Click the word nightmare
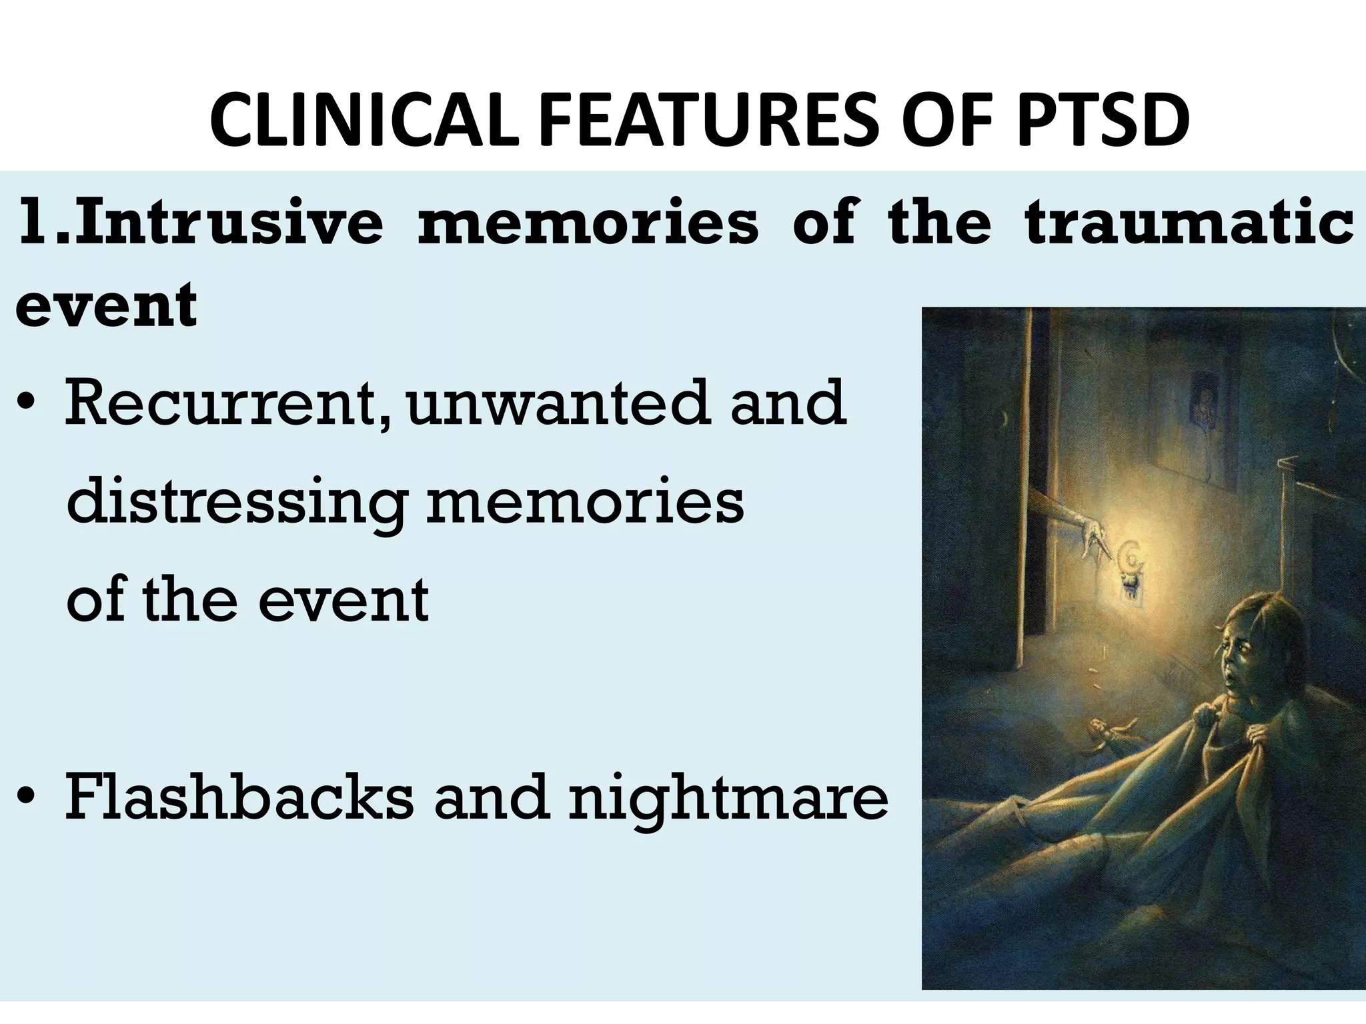728,800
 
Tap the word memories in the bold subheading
588,223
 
